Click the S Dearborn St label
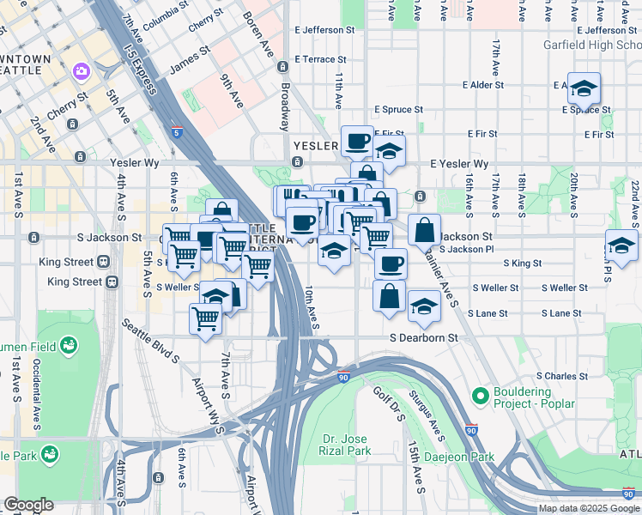pos(424,338)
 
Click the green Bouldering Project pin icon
pos(481,397)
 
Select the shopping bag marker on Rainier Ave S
pos(424,230)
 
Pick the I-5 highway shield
pos(176,133)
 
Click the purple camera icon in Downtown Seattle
pos(82,71)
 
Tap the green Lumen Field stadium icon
pos(68,346)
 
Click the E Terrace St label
pos(319,60)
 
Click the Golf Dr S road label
pos(387,403)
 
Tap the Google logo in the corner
pos(28,505)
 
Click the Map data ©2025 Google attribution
pos(589,508)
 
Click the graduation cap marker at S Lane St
pos(423,306)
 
